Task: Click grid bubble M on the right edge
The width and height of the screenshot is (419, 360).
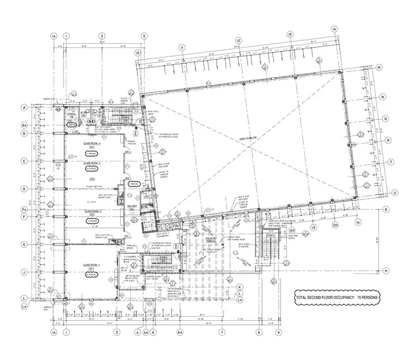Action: coord(378,68)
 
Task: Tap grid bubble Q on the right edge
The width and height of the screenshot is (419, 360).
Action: coord(385,118)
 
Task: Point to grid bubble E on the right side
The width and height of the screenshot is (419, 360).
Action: coord(386,209)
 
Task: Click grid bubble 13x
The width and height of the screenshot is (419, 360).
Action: coord(336,224)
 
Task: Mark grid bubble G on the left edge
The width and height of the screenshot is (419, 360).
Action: coord(24,244)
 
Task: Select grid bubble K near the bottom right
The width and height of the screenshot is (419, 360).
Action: coord(239,287)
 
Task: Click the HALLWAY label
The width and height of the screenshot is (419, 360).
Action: coord(132,206)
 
